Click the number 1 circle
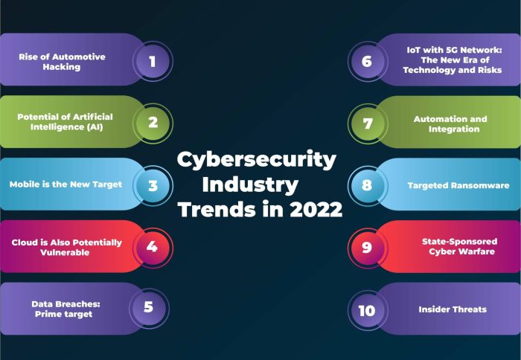153,60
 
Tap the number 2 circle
153,122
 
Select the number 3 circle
153,184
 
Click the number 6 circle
367,60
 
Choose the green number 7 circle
367,122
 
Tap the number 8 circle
367,184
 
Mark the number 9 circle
367,246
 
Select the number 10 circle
367,309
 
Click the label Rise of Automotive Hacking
63,62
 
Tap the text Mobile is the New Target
65,184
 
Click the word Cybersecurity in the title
257,159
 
